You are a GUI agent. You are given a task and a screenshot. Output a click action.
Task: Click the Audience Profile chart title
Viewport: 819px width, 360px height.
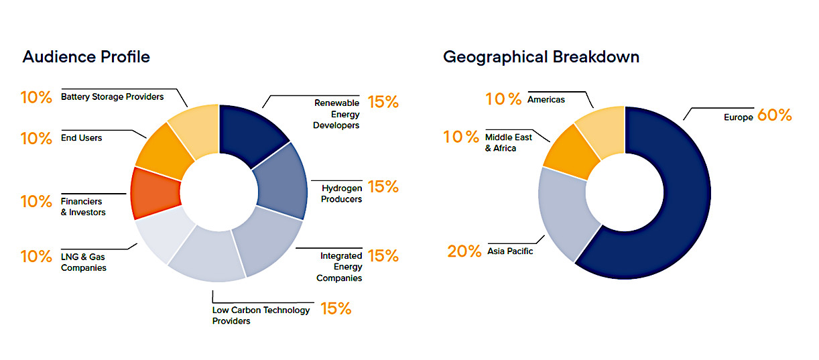[x=86, y=57]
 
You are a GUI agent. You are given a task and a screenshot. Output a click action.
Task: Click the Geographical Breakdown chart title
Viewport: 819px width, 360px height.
[x=541, y=57]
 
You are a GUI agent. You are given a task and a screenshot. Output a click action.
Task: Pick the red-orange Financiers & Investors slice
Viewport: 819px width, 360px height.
[x=155, y=193]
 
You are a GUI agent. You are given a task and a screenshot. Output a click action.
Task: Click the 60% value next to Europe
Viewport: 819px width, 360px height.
[x=774, y=115]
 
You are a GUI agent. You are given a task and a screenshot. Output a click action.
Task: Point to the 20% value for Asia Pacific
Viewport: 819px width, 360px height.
[x=464, y=251]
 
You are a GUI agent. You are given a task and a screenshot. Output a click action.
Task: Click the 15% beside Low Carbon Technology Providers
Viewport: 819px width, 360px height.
[x=336, y=309]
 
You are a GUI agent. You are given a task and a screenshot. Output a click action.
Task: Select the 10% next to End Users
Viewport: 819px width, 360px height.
[x=36, y=139]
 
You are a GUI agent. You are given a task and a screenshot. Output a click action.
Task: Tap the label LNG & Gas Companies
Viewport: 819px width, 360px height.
[x=84, y=262]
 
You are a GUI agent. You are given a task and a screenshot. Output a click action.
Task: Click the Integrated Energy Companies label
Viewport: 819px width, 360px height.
[x=339, y=267]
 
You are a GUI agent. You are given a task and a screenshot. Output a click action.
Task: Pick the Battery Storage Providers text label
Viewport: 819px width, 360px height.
[x=112, y=97]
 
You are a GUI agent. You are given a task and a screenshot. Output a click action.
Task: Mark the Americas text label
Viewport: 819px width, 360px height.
[x=546, y=99]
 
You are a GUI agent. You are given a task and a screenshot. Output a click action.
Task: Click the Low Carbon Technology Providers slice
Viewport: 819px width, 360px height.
[x=206, y=256]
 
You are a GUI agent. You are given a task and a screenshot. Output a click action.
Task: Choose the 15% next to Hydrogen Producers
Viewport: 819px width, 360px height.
[x=383, y=187]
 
